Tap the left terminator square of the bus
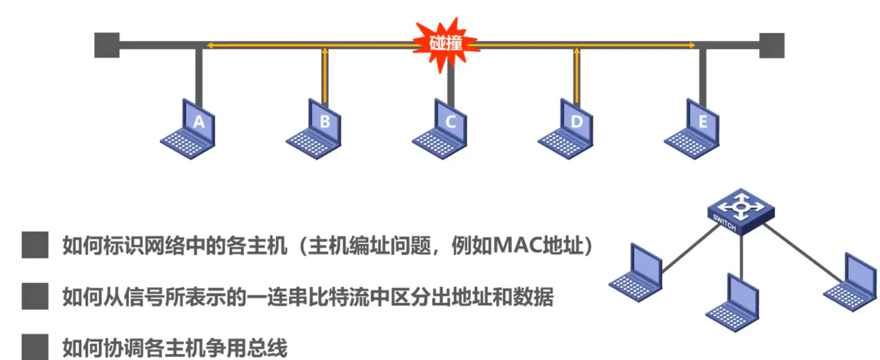(106, 45)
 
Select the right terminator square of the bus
(771, 45)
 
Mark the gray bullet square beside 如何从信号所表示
(34, 297)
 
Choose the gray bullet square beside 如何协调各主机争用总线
(34, 346)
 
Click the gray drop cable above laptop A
(198, 73)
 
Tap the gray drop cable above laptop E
(703, 73)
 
